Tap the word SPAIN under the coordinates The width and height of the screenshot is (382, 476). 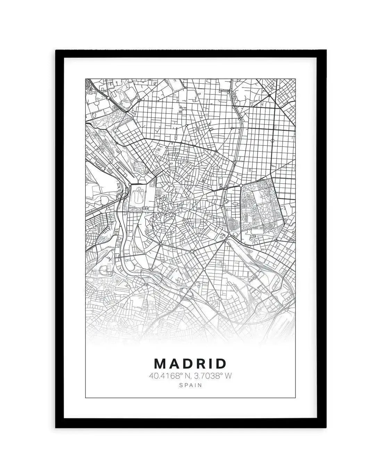pyautogui.click(x=190, y=385)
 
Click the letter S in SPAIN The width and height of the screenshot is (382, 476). pyautogui.click(x=181, y=385)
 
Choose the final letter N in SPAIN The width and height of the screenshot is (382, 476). pyautogui.click(x=200, y=385)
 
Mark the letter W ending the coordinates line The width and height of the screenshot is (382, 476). pyautogui.click(x=228, y=375)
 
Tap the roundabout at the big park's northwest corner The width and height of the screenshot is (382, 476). pyautogui.click(x=241, y=186)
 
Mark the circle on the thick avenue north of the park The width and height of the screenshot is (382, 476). pyautogui.click(x=273, y=141)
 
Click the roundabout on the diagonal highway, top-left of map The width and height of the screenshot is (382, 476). pyautogui.click(x=108, y=99)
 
